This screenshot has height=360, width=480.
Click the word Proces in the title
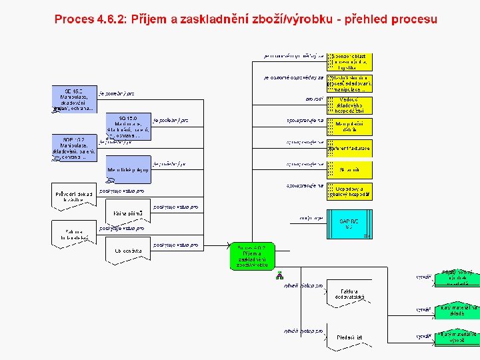(75, 19)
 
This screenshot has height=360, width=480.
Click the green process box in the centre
(252, 257)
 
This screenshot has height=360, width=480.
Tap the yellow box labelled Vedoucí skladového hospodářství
(349, 105)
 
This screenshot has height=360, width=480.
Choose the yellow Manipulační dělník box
(349, 127)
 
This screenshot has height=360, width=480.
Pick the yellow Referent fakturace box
(349, 148)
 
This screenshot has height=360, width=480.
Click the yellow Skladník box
(349, 170)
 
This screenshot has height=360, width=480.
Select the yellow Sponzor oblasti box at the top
(349, 62)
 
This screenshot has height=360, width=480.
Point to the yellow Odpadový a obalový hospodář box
(349, 191)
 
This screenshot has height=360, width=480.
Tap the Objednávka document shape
(128, 251)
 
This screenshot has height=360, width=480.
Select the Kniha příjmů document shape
(128, 213)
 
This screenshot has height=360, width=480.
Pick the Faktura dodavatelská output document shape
(351, 295)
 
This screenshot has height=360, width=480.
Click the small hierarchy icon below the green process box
(280, 275)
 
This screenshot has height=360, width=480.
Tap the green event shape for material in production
(457, 337)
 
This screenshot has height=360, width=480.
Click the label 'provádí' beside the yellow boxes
(314, 99)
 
